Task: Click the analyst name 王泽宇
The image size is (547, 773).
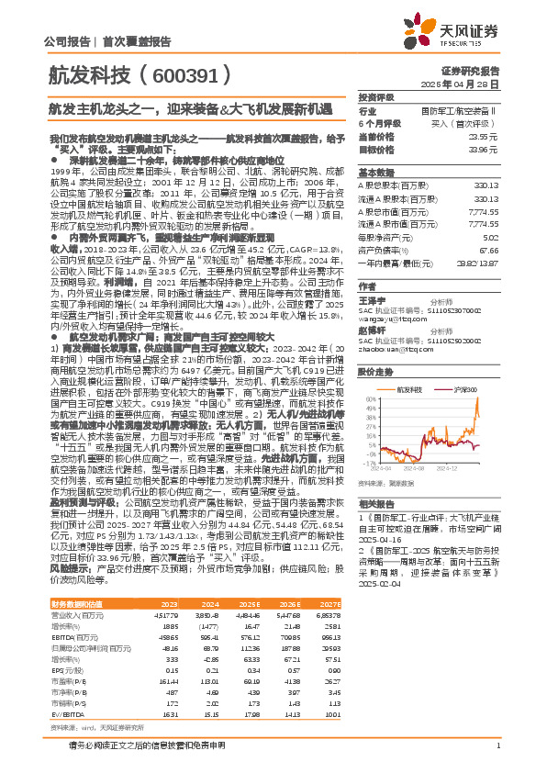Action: pos(372,299)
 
